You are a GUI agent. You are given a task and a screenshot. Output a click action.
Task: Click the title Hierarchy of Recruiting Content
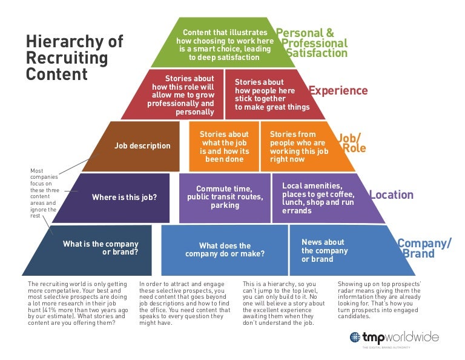[x=74, y=58]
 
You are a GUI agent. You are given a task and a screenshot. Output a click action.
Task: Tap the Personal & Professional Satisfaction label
[x=314, y=43]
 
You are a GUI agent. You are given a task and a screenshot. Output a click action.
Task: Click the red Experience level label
[x=338, y=91]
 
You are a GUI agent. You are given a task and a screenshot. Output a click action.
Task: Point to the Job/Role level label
[x=351, y=142]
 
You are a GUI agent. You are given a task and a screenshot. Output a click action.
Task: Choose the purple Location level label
[x=391, y=195]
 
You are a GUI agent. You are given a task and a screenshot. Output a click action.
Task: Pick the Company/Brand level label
[x=424, y=248]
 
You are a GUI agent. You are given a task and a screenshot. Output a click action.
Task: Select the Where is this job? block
[x=124, y=197]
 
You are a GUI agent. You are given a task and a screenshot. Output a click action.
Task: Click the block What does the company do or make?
[x=225, y=250]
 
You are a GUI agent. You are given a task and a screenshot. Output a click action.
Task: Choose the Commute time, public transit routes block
[x=225, y=197]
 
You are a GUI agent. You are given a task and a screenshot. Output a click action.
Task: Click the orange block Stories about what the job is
[x=223, y=147]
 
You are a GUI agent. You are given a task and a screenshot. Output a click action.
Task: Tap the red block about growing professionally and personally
[x=176, y=95]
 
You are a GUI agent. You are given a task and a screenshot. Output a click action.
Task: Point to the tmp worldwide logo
[x=394, y=337]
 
